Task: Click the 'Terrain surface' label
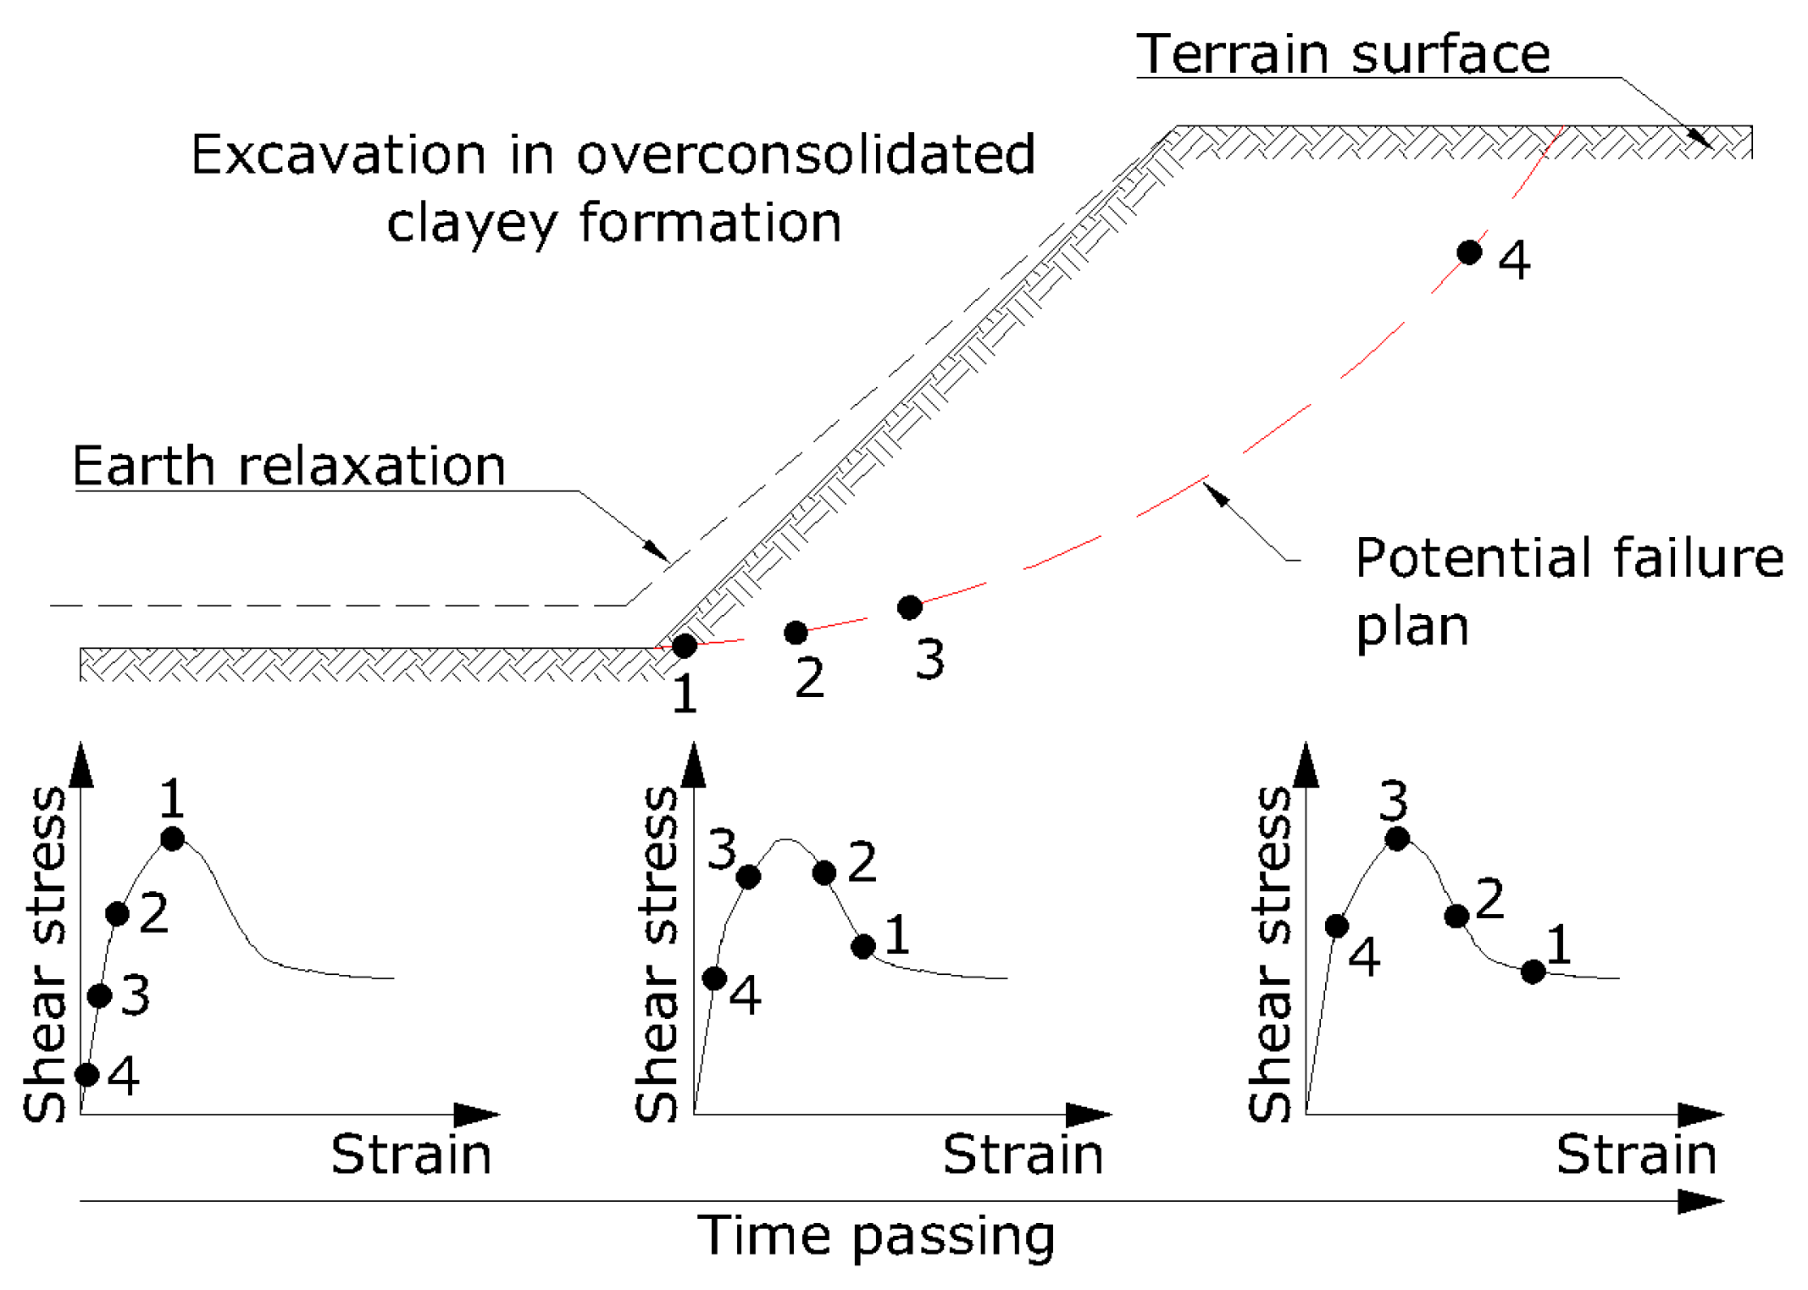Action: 1342,54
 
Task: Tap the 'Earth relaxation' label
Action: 289,466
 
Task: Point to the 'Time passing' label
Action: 876,1235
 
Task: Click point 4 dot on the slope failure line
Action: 1469,252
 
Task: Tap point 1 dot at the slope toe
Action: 685,646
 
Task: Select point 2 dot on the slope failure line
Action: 796,632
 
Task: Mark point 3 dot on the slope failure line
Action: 909,607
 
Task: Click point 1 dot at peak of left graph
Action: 172,839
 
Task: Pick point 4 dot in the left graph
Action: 87,1075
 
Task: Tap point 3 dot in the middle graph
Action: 748,877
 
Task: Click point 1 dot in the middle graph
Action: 863,947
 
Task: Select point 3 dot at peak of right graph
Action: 1397,839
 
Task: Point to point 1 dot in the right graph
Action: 1533,972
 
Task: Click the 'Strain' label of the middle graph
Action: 1023,1154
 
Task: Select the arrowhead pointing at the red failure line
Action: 1217,494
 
